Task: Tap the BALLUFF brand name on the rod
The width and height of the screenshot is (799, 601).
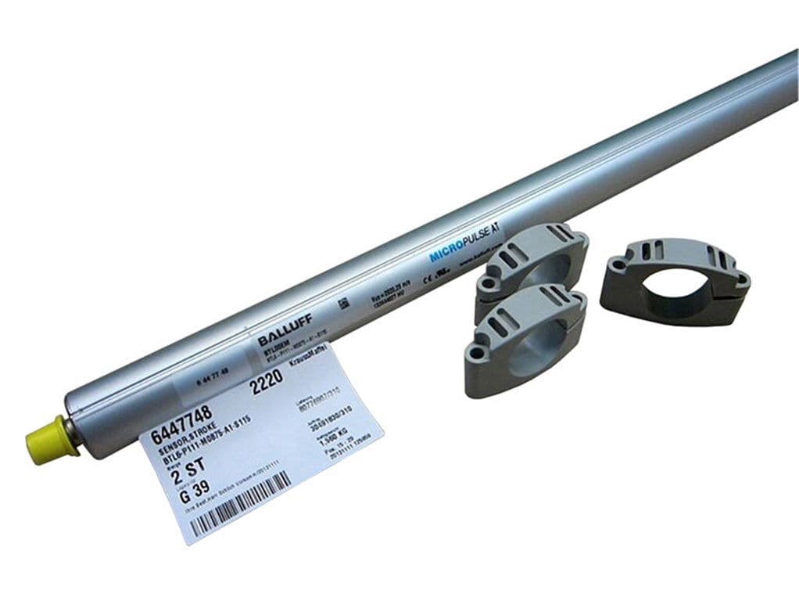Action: point(278,335)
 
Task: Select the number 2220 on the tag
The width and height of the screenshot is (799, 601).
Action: point(263,387)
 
